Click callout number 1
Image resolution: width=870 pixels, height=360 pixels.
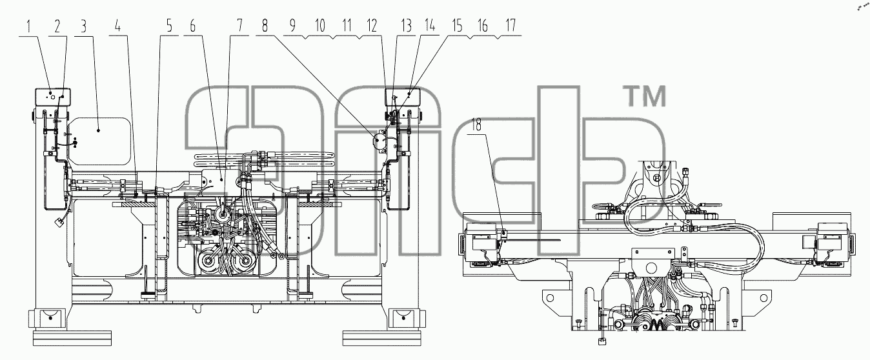coord(28,26)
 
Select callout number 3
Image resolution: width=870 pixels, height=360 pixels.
coord(83,26)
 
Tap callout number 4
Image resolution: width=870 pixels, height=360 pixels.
coord(117,26)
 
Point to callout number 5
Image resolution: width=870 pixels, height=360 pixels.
coord(169,26)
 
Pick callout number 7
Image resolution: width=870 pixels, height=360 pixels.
coord(239,26)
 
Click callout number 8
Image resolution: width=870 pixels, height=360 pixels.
coord(265,26)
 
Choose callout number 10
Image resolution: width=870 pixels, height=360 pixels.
coord(320,26)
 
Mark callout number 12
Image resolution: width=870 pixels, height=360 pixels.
coord(372,26)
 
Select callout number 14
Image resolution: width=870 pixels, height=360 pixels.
coord(430,26)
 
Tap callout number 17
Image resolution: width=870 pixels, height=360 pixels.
coord(511,26)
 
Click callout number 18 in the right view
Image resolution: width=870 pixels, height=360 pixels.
coord(476,125)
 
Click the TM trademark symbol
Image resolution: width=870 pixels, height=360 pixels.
coord(645,96)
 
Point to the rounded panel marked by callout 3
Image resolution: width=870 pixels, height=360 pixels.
coord(99,141)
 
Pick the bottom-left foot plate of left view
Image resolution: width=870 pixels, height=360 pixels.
coord(72,338)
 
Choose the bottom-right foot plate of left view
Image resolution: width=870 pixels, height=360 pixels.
coord(382,338)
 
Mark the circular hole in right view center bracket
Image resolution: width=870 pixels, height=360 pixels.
coord(651,268)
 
